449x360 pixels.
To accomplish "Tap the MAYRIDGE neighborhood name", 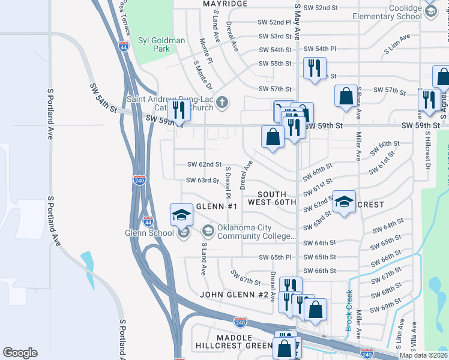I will point(225,4).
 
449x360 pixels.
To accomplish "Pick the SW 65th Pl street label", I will point(275,257).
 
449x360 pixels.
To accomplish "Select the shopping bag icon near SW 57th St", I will point(346,96).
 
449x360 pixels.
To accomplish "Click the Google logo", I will point(20,353).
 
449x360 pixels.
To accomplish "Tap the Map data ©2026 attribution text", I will point(423,355).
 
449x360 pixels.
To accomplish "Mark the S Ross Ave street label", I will point(358,106).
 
